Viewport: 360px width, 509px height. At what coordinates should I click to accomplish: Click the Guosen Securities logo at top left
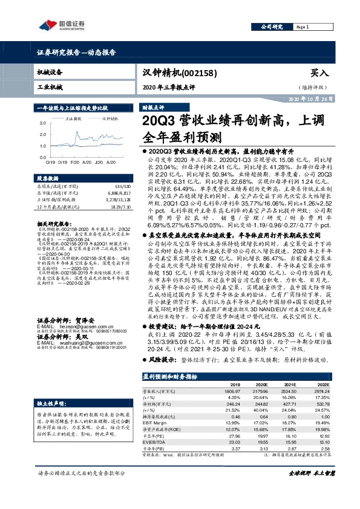coord(61,25)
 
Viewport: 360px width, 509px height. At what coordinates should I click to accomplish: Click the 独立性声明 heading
coord(51,386)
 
